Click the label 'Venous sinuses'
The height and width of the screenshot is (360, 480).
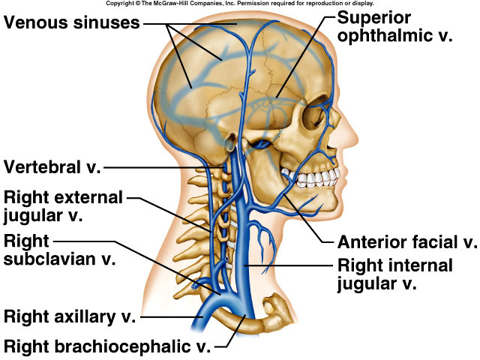click(x=72, y=22)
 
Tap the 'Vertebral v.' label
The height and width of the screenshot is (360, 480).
click(x=52, y=166)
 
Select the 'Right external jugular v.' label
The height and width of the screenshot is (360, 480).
click(x=63, y=206)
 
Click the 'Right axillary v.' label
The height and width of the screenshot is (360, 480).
click(x=70, y=316)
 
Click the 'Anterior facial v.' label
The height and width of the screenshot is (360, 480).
click(x=407, y=242)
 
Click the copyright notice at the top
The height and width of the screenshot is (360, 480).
click(x=239, y=4)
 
